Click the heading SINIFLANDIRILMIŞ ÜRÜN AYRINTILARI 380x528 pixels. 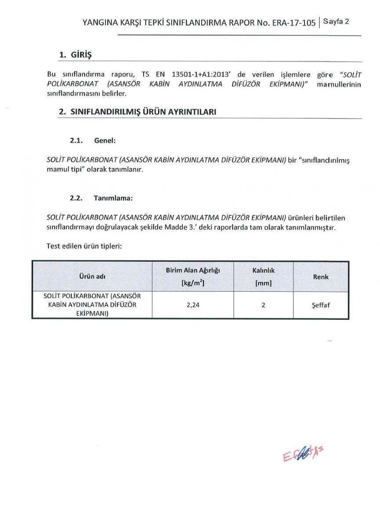tap(143, 112)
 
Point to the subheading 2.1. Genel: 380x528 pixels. tap(93, 141)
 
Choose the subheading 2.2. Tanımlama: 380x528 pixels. tap(101, 198)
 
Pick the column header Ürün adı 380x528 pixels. tap(92, 276)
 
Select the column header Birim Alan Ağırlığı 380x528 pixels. tap(193, 271)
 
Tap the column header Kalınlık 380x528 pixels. tap(263, 271)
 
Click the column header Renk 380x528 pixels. tap(321, 277)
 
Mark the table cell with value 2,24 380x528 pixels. tap(193, 304)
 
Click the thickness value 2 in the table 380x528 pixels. tap(263, 304)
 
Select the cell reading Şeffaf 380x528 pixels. tap(321, 304)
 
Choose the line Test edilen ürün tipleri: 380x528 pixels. tap(84, 246)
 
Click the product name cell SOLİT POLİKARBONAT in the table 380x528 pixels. tap(92, 304)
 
